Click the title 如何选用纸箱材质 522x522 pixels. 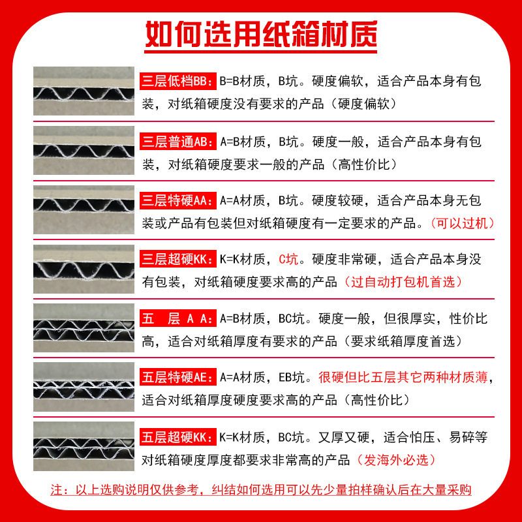(261, 35)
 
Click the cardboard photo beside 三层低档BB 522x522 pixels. (84, 91)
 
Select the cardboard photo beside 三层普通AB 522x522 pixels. (84, 150)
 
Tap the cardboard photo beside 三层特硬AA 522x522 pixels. (84, 209)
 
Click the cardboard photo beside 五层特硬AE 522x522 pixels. (84, 387)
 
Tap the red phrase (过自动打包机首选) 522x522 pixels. (403, 282)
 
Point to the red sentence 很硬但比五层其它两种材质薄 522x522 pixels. (405, 378)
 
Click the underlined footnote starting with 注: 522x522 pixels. (261, 490)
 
